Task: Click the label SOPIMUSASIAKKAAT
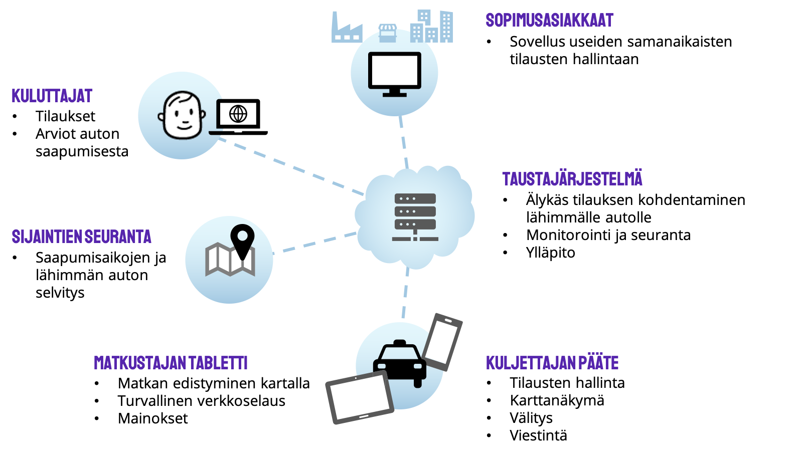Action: coord(549,20)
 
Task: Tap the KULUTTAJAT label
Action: coord(52,96)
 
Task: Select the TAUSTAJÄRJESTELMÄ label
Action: coord(572,179)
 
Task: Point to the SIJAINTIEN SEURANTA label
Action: coord(81,237)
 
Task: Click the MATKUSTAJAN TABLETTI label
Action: coord(171,363)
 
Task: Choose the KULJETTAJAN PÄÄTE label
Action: coord(552,363)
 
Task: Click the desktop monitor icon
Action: coord(394,73)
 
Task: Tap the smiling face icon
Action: coord(182,115)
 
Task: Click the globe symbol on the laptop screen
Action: coord(238,114)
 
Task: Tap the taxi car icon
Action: coord(399,363)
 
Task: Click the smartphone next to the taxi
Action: coord(442,342)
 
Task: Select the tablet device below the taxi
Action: coord(360,397)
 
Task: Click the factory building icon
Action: coord(346,30)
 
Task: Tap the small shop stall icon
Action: coord(387,33)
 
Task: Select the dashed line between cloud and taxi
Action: coord(405,295)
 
